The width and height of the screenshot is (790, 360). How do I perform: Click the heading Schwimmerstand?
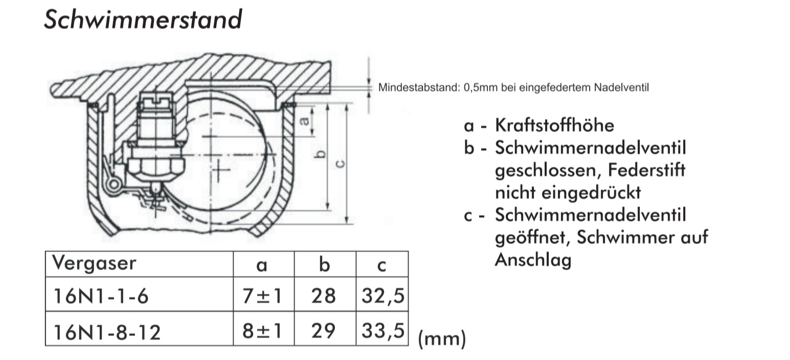click(143, 20)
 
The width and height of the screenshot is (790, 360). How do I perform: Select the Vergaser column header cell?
click(139, 264)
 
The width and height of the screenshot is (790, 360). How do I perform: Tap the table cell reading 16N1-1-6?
click(139, 294)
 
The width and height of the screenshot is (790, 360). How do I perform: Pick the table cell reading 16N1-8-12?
click(139, 329)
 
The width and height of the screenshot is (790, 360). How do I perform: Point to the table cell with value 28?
click(325, 294)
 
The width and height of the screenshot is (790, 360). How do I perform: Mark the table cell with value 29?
click(325, 329)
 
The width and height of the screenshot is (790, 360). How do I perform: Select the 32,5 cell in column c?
click(382, 294)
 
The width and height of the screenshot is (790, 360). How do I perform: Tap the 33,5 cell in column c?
click(382, 329)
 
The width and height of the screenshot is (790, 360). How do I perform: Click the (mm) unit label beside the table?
click(442, 339)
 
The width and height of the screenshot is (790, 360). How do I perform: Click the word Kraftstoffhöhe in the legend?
click(554, 125)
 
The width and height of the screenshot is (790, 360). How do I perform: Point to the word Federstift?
click(646, 170)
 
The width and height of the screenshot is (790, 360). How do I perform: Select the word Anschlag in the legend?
click(533, 260)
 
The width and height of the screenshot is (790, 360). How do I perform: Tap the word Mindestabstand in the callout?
click(419, 87)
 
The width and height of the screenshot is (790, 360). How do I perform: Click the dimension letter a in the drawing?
click(304, 121)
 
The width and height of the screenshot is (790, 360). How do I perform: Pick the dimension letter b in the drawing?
click(320, 154)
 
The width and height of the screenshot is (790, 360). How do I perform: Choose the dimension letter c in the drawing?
click(340, 163)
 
